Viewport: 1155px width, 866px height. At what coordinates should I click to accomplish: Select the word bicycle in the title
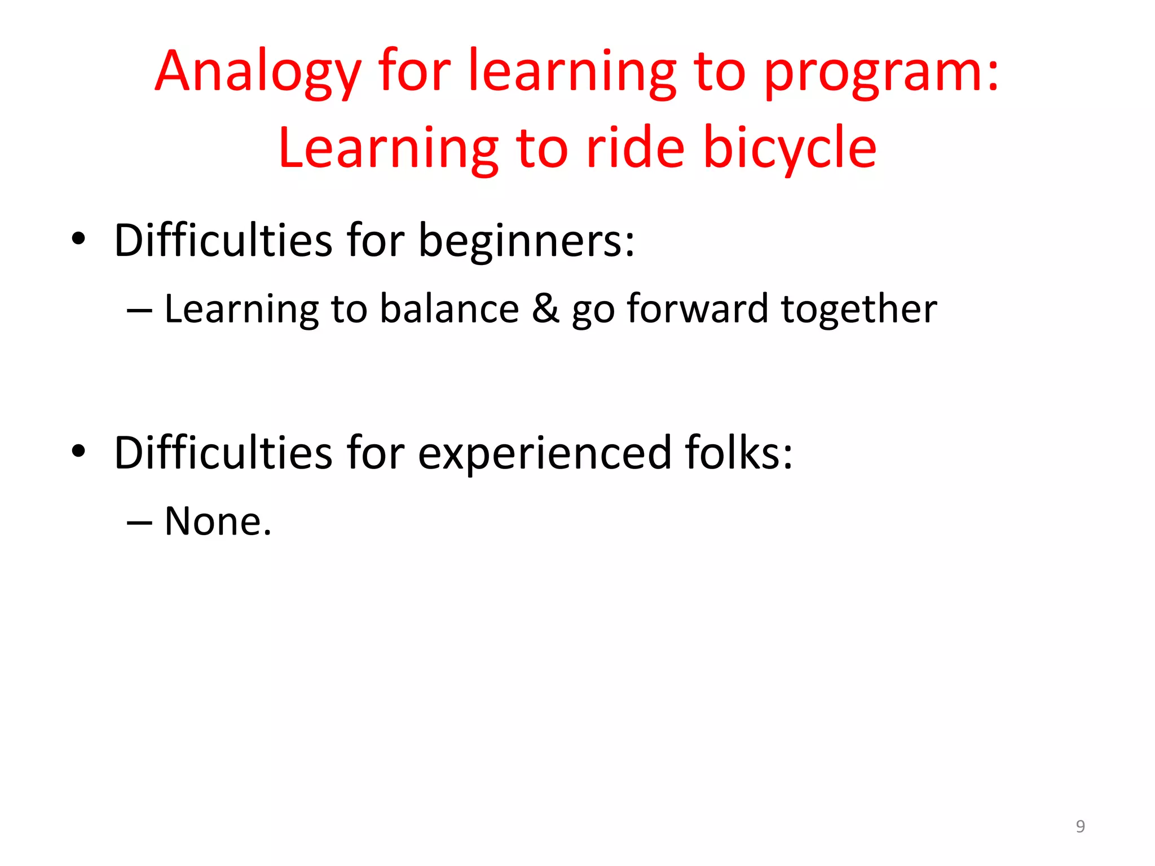[790, 149]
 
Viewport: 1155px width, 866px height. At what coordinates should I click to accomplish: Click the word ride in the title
[635, 148]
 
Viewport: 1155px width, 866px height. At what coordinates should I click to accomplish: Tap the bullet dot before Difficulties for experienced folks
[78, 450]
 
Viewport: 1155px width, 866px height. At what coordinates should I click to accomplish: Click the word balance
[449, 309]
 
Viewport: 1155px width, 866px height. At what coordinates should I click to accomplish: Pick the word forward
[697, 309]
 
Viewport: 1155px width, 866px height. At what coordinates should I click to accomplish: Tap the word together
[858, 310]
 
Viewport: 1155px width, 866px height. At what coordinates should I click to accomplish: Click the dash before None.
[139, 523]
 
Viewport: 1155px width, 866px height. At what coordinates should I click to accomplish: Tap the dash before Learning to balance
[139, 311]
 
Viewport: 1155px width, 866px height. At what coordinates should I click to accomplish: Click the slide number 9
[1080, 826]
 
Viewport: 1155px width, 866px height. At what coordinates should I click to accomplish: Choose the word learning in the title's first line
[572, 73]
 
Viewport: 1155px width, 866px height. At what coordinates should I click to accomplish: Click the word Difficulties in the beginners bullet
[223, 240]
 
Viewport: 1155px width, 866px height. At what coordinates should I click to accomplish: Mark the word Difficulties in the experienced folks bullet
[223, 453]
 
